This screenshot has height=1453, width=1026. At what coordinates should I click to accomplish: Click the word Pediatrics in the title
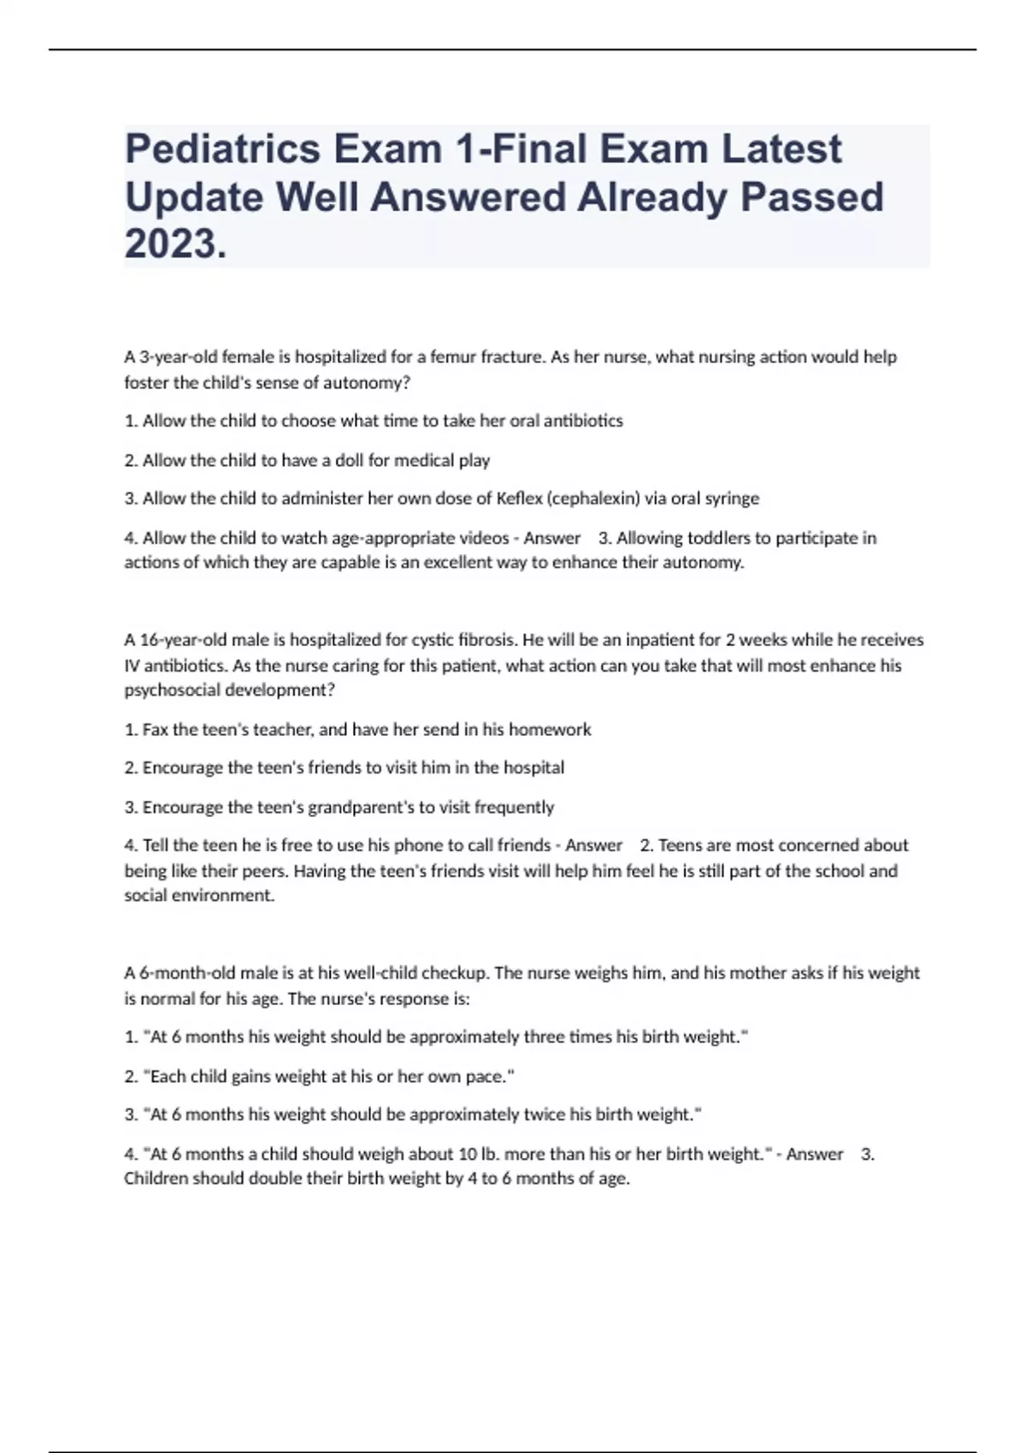[221, 150]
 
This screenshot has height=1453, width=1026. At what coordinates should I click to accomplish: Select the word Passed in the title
[811, 197]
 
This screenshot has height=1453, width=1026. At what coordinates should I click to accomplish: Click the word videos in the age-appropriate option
[485, 538]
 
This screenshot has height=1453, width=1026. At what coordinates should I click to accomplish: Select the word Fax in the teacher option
[156, 729]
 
